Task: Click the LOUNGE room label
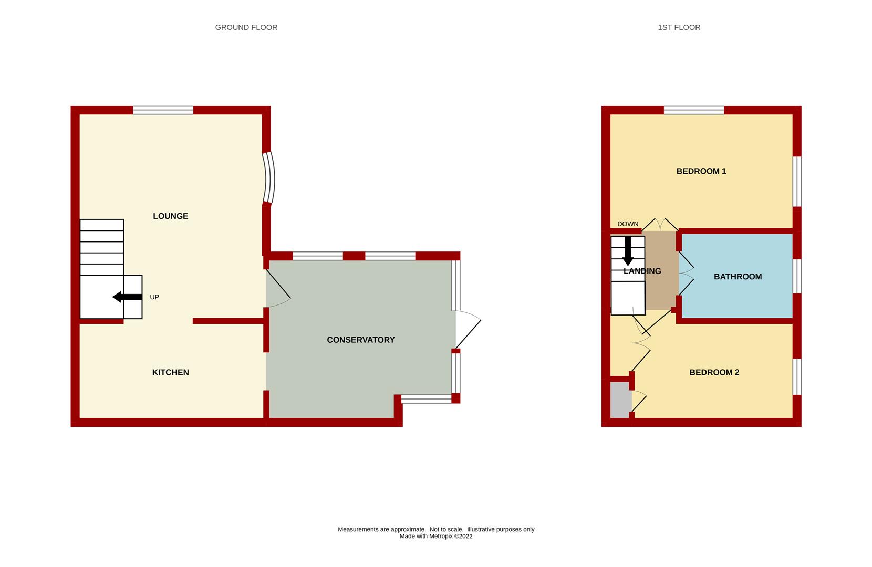pyautogui.click(x=170, y=216)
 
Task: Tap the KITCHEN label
pyautogui.click(x=170, y=372)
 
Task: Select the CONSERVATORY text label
pyautogui.click(x=360, y=340)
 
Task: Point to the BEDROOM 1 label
pyautogui.click(x=701, y=171)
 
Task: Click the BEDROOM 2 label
pyautogui.click(x=714, y=372)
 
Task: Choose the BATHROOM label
pyautogui.click(x=738, y=277)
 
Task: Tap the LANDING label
pyautogui.click(x=642, y=271)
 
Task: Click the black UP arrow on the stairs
pyautogui.click(x=127, y=297)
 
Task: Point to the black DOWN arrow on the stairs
pyautogui.click(x=627, y=251)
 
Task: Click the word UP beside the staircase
pyautogui.click(x=154, y=297)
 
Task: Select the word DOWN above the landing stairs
pyautogui.click(x=628, y=224)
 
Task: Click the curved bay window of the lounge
pyautogui.click(x=269, y=178)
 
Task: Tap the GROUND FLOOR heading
pyautogui.click(x=246, y=27)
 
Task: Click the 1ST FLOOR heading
pyautogui.click(x=679, y=27)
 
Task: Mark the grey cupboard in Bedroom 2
pyautogui.click(x=620, y=400)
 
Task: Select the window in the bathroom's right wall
pyautogui.click(x=797, y=276)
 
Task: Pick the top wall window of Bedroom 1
pyautogui.click(x=693, y=110)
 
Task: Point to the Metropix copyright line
pyautogui.click(x=435, y=537)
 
